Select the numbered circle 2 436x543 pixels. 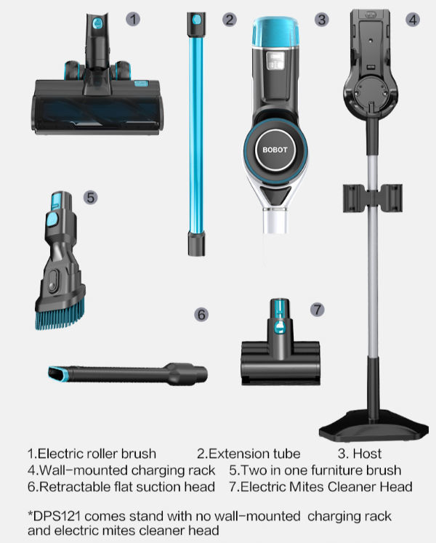click(x=230, y=20)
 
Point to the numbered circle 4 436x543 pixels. click(x=413, y=20)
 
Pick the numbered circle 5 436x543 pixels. click(x=90, y=197)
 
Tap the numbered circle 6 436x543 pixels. click(x=201, y=314)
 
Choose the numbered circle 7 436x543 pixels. click(x=317, y=309)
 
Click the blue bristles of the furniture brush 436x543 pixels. click(x=62, y=313)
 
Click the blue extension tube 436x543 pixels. click(x=195, y=131)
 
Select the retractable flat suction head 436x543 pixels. click(x=127, y=374)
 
